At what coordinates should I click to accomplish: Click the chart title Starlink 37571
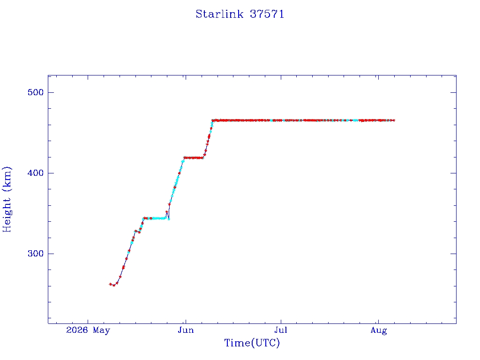(x=240, y=14)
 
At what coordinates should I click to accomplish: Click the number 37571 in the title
(x=267, y=14)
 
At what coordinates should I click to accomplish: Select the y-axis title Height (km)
(x=7, y=199)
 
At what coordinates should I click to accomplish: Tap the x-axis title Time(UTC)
(x=252, y=343)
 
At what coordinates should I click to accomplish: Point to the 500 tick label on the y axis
(x=36, y=92)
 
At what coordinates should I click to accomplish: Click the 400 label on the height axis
(x=36, y=173)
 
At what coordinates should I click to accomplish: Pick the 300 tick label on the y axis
(x=36, y=254)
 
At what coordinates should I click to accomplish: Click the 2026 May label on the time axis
(x=88, y=330)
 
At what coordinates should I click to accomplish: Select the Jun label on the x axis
(x=186, y=330)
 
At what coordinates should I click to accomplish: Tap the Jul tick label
(x=281, y=330)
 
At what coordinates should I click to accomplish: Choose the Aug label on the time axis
(x=379, y=330)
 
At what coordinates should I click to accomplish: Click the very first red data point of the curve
(x=110, y=284)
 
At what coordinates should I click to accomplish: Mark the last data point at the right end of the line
(x=394, y=120)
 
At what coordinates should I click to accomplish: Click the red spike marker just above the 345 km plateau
(x=167, y=212)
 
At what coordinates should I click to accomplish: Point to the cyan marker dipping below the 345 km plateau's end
(x=169, y=219)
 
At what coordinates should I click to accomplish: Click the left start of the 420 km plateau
(x=184, y=158)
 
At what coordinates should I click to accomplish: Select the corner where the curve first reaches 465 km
(x=213, y=120)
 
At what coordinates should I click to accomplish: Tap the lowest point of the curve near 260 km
(x=114, y=285)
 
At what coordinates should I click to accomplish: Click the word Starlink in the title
(x=219, y=14)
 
